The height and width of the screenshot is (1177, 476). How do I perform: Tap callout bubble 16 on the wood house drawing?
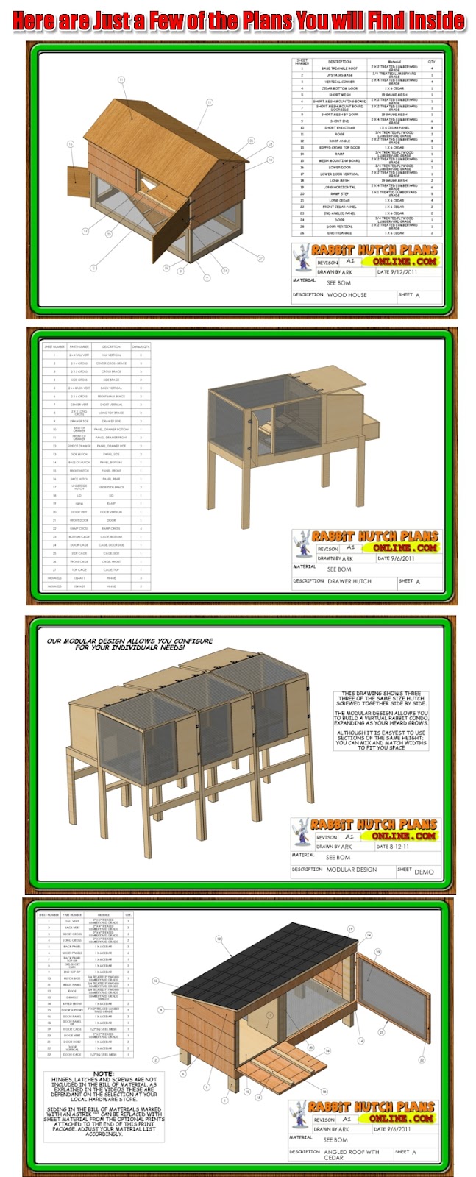pyautogui.click(x=71, y=144)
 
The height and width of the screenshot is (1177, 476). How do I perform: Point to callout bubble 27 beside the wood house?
pyautogui.click(x=260, y=258)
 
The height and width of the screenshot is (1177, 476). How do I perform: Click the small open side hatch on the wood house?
pyautogui.click(x=77, y=176)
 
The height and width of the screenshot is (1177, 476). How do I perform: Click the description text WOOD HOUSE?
pyautogui.click(x=347, y=295)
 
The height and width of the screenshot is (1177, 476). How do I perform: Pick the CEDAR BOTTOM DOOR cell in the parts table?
pyautogui.click(x=339, y=88)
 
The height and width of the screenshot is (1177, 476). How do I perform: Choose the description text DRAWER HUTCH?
pyautogui.click(x=349, y=581)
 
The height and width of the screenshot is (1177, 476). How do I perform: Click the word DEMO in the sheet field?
pyautogui.click(x=424, y=872)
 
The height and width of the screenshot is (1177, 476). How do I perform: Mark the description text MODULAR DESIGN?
pyautogui.click(x=351, y=870)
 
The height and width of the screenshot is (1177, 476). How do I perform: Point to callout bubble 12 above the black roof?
pyautogui.click(x=219, y=939)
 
